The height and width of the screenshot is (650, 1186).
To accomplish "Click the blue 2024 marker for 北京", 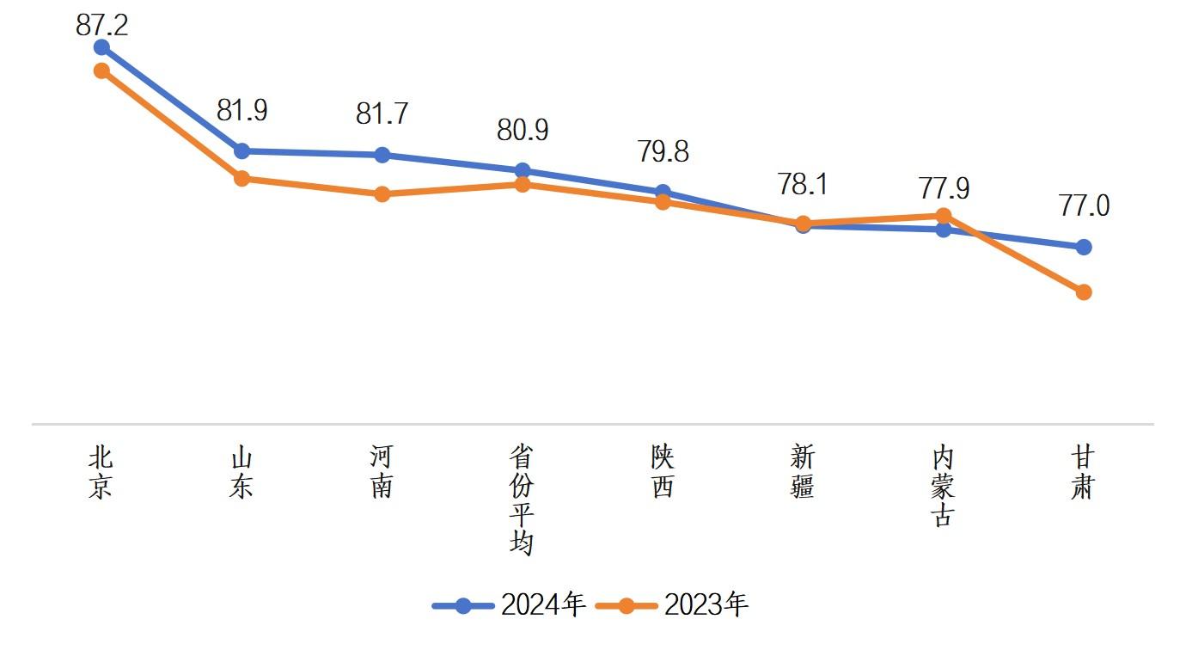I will click(101, 47).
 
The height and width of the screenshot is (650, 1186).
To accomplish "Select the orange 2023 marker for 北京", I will click(101, 71).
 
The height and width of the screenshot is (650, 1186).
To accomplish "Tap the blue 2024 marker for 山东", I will click(241, 151).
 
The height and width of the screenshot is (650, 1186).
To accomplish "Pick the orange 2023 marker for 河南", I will click(382, 194).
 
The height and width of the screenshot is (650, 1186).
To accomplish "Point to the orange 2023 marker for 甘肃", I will click(1084, 292).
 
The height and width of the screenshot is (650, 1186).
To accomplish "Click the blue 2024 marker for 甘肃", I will click(1084, 248).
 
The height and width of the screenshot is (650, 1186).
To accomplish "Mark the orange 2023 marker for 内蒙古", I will click(943, 216).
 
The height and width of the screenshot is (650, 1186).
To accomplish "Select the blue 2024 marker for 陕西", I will click(663, 192).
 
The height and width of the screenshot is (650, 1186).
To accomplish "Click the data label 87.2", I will click(101, 24).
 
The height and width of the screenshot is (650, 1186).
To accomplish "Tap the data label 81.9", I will click(241, 110).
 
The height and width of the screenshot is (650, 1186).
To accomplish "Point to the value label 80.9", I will click(523, 130).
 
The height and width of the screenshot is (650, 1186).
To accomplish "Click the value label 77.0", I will click(1084, 206).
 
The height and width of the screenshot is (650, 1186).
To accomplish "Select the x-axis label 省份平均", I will click(523, 500).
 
